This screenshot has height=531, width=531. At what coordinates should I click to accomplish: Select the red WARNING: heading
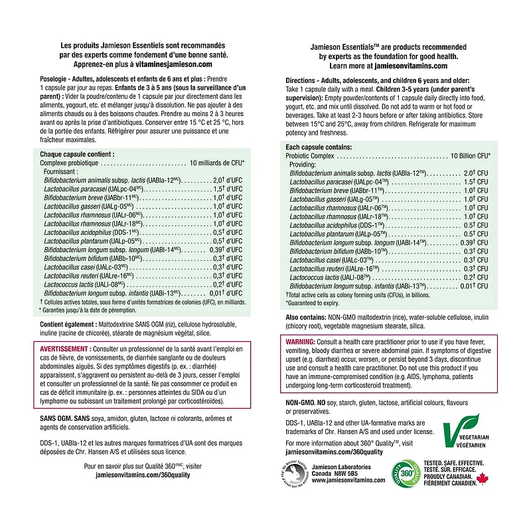(x=300, y=341)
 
